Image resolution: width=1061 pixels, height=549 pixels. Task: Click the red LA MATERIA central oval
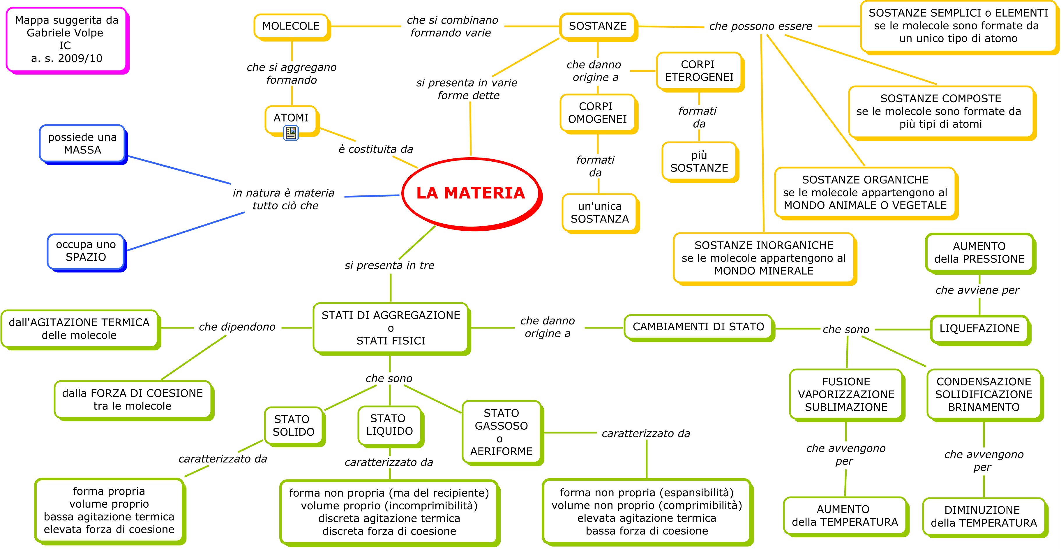click(x=471, y=193)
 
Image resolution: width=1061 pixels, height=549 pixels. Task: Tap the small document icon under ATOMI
click(x=291, y=133)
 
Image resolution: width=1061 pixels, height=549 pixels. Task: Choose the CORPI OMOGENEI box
click(x=597, y=113)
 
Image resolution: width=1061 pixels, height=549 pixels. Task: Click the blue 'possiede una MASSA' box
click(x=82, y=143)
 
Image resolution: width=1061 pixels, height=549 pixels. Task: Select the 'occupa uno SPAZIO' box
click(x=86, y=251)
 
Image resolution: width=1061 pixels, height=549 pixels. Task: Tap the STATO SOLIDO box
click(x=293, y=426)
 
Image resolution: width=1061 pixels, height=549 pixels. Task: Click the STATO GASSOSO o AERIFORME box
click(x=501, y=432)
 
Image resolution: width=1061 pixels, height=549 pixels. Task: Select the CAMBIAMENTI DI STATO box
click(x=698, y=327)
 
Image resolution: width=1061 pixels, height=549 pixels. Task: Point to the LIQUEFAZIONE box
click(x=979, y=329)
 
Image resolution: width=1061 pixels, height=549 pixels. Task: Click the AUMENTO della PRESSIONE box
click(x=979, y=253)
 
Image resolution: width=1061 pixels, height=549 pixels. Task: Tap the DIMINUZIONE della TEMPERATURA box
click(x=984, y=516)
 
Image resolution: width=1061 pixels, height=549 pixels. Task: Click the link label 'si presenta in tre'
click(x=389, y=266)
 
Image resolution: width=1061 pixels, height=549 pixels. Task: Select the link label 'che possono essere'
click(x=760, y=27)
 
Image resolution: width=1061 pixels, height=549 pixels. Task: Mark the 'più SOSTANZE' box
click(x=699, y=161)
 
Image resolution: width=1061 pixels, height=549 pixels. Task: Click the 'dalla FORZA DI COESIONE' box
click(x=132, y=400)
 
